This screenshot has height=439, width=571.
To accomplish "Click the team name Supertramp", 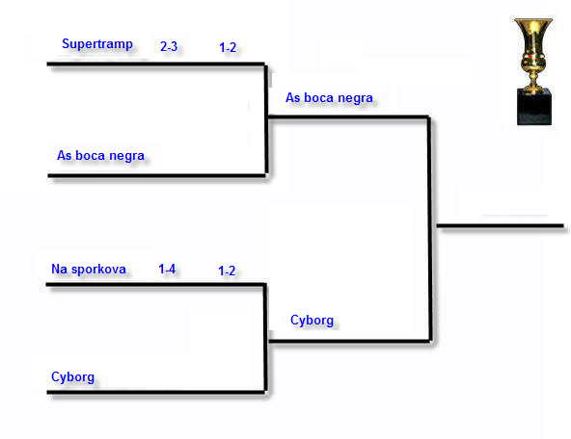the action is (97, 44).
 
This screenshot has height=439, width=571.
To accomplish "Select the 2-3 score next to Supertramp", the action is (169, 46).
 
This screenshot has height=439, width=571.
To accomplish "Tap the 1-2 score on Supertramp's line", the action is (228, 47).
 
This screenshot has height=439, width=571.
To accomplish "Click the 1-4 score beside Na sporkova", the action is (167, 269).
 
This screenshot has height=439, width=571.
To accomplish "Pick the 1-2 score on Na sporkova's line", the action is (227, 271).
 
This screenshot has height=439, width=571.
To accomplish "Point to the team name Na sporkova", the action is (89, 269).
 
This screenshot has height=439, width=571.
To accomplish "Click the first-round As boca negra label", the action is (100, 156).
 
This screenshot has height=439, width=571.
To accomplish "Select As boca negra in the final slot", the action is (329, 98).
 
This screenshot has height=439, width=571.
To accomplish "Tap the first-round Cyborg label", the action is (73, 377).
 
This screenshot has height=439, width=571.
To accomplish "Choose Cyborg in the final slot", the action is (312, 321).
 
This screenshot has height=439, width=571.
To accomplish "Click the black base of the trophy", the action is (534, 107).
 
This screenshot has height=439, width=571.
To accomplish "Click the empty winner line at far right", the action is (500, 225).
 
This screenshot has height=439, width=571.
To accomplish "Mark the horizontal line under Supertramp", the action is (156, 65).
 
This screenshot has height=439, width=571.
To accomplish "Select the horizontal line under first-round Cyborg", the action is (156, 392).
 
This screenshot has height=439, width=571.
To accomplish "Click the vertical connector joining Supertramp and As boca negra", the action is (266, 119).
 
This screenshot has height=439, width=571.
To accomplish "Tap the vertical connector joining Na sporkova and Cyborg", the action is (265, 338).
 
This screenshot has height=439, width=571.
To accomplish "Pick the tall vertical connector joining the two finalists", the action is (430, 229).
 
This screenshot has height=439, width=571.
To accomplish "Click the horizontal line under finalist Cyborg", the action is (349, 341).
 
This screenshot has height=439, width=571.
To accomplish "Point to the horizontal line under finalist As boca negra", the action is (348, 116).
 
